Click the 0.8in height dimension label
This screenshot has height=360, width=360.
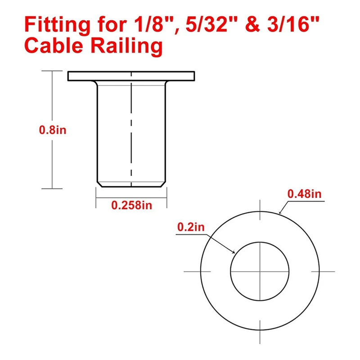coord(53,130)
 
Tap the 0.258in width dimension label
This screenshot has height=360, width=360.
coord(132,205)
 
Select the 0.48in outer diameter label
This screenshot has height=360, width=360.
coord(304,194)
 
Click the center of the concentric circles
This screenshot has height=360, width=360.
coord(260,271)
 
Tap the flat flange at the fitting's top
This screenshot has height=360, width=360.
coord(131,76)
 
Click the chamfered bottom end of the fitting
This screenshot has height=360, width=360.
coord(131,184)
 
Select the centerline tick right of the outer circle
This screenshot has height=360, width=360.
coord(328,271)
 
